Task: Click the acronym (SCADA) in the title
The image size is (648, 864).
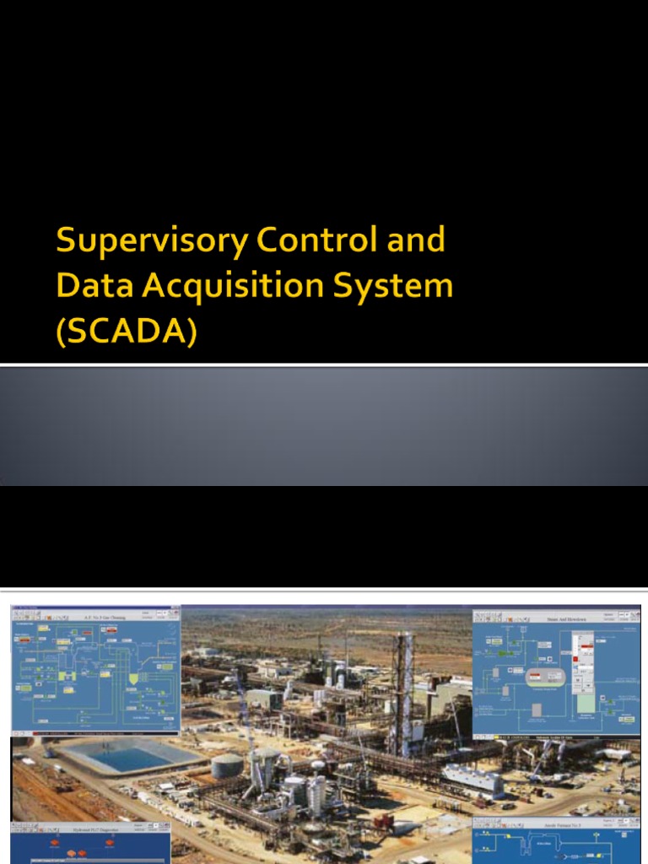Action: pyautogui.click(x=126, y=332)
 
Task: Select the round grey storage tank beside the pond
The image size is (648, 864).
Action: pyautogui.click(x=226, y=765)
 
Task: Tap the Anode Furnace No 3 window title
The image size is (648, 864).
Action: pyautogui.click(x=557, y=826)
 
